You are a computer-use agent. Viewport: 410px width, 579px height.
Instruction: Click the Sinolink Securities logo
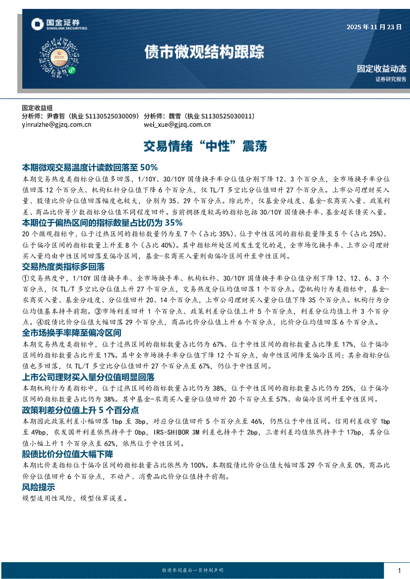pos(59,24)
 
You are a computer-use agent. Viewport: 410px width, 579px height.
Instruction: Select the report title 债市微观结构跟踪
pos(204,52)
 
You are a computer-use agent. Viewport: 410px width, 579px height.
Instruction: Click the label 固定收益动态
pos(381,69)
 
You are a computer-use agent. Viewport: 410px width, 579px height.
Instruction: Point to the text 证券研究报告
pos(390,79)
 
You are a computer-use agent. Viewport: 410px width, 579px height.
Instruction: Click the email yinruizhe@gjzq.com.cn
pos(57,125)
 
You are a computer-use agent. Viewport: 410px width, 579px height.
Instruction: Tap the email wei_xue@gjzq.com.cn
pos(177,125)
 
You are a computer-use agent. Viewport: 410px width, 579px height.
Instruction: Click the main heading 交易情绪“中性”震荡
pos(205,146)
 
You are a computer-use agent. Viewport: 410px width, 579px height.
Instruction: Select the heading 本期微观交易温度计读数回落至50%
pos(90,167)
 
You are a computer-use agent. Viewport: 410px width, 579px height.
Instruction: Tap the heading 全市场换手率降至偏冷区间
pos(71,332)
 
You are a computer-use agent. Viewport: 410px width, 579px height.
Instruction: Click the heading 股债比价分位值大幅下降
pos(67,454)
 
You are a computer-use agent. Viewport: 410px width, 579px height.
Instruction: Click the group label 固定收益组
pos(37,108)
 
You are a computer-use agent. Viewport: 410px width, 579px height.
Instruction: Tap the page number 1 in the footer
pos(399,570)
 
